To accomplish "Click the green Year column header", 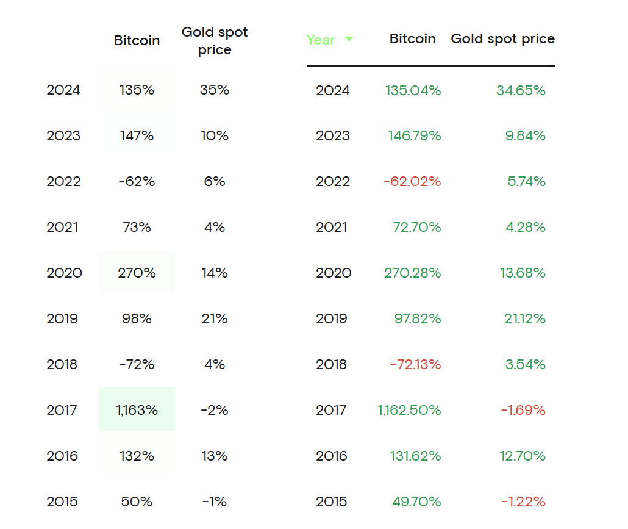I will coord(321,40).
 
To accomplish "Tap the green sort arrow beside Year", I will coord(349,39).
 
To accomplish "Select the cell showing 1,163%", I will coord(137,410).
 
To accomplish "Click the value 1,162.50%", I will coord(409,410).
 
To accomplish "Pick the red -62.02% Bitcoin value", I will coord(412,181).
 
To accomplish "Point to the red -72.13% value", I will coord(415,364).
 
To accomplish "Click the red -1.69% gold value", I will coord(523,410).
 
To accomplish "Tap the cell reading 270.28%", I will coord(412,273).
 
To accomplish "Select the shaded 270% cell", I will coord(137,273).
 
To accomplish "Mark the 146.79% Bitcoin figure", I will coord(414,135).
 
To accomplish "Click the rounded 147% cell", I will coord(137,135).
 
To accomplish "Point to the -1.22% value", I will coord(523,502).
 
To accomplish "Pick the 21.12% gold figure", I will coord(524,318).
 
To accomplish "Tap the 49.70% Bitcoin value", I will coord(416,502).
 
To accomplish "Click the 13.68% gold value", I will coord(523,273).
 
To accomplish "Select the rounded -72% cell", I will coord(137,364).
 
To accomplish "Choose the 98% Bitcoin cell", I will coord(137,318).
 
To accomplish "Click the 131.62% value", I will coord(415,456).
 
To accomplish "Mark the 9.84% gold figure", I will coord(525,135).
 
